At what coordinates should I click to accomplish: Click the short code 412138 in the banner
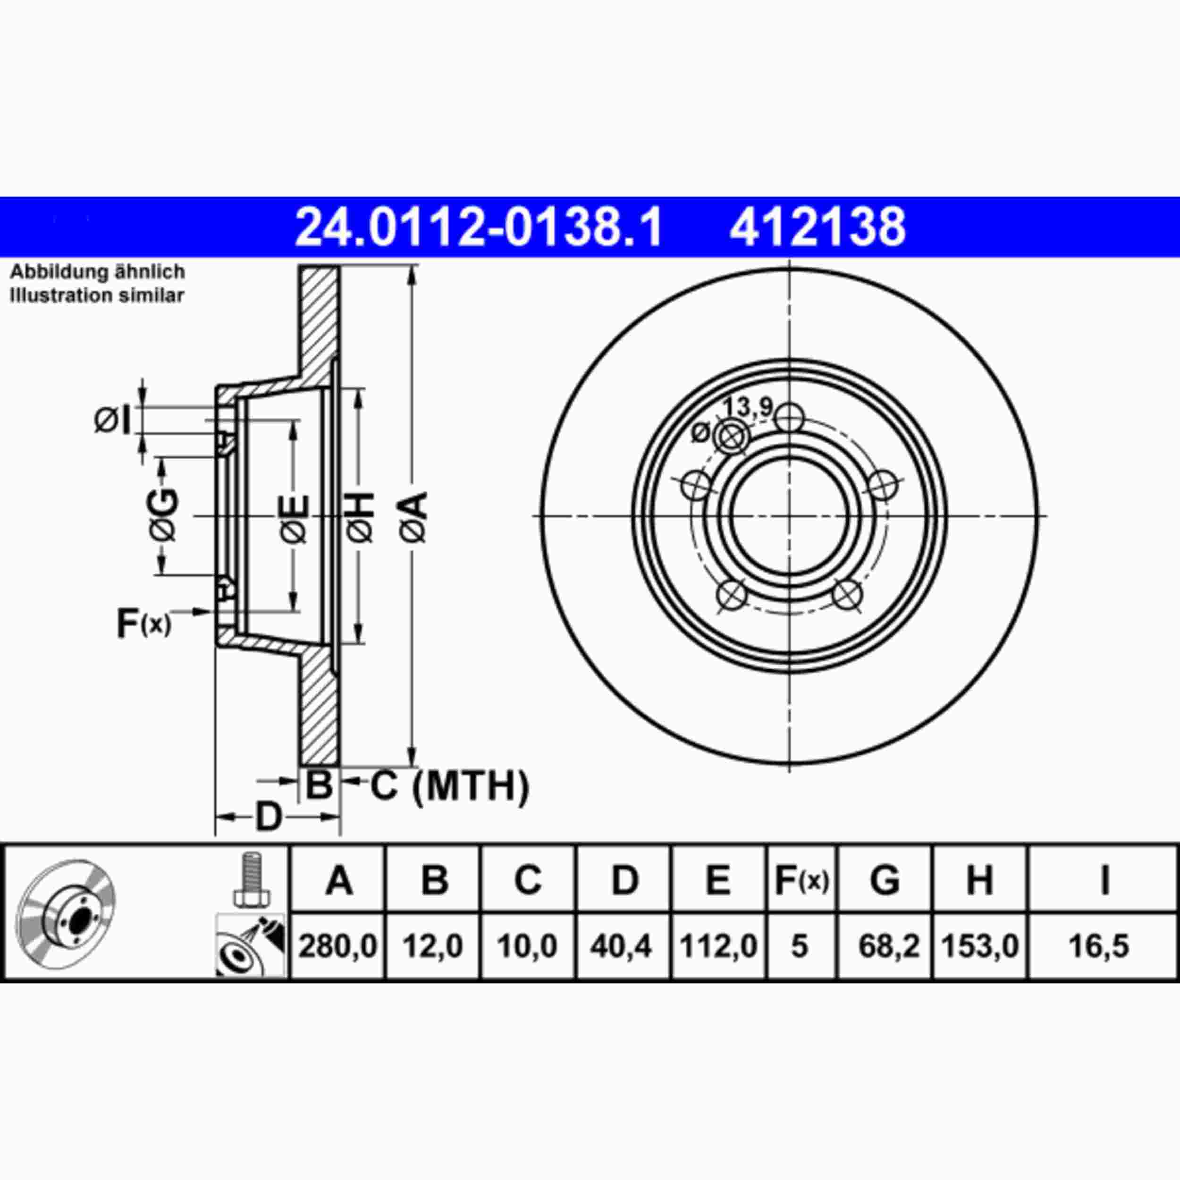pyautogui.click(x=817, y=227)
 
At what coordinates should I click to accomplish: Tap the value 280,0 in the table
pyautogui.click(x=338, y=946)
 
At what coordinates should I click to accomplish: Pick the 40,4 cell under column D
pyautogui.click(x=621, y=946)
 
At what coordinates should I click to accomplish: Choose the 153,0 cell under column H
pyautogui.click(x=980, y=946)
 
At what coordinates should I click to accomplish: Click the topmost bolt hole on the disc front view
pyautogui.click(x=789, y=418)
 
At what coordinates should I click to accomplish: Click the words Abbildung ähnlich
pyautogui.click(x=98, y=272)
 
